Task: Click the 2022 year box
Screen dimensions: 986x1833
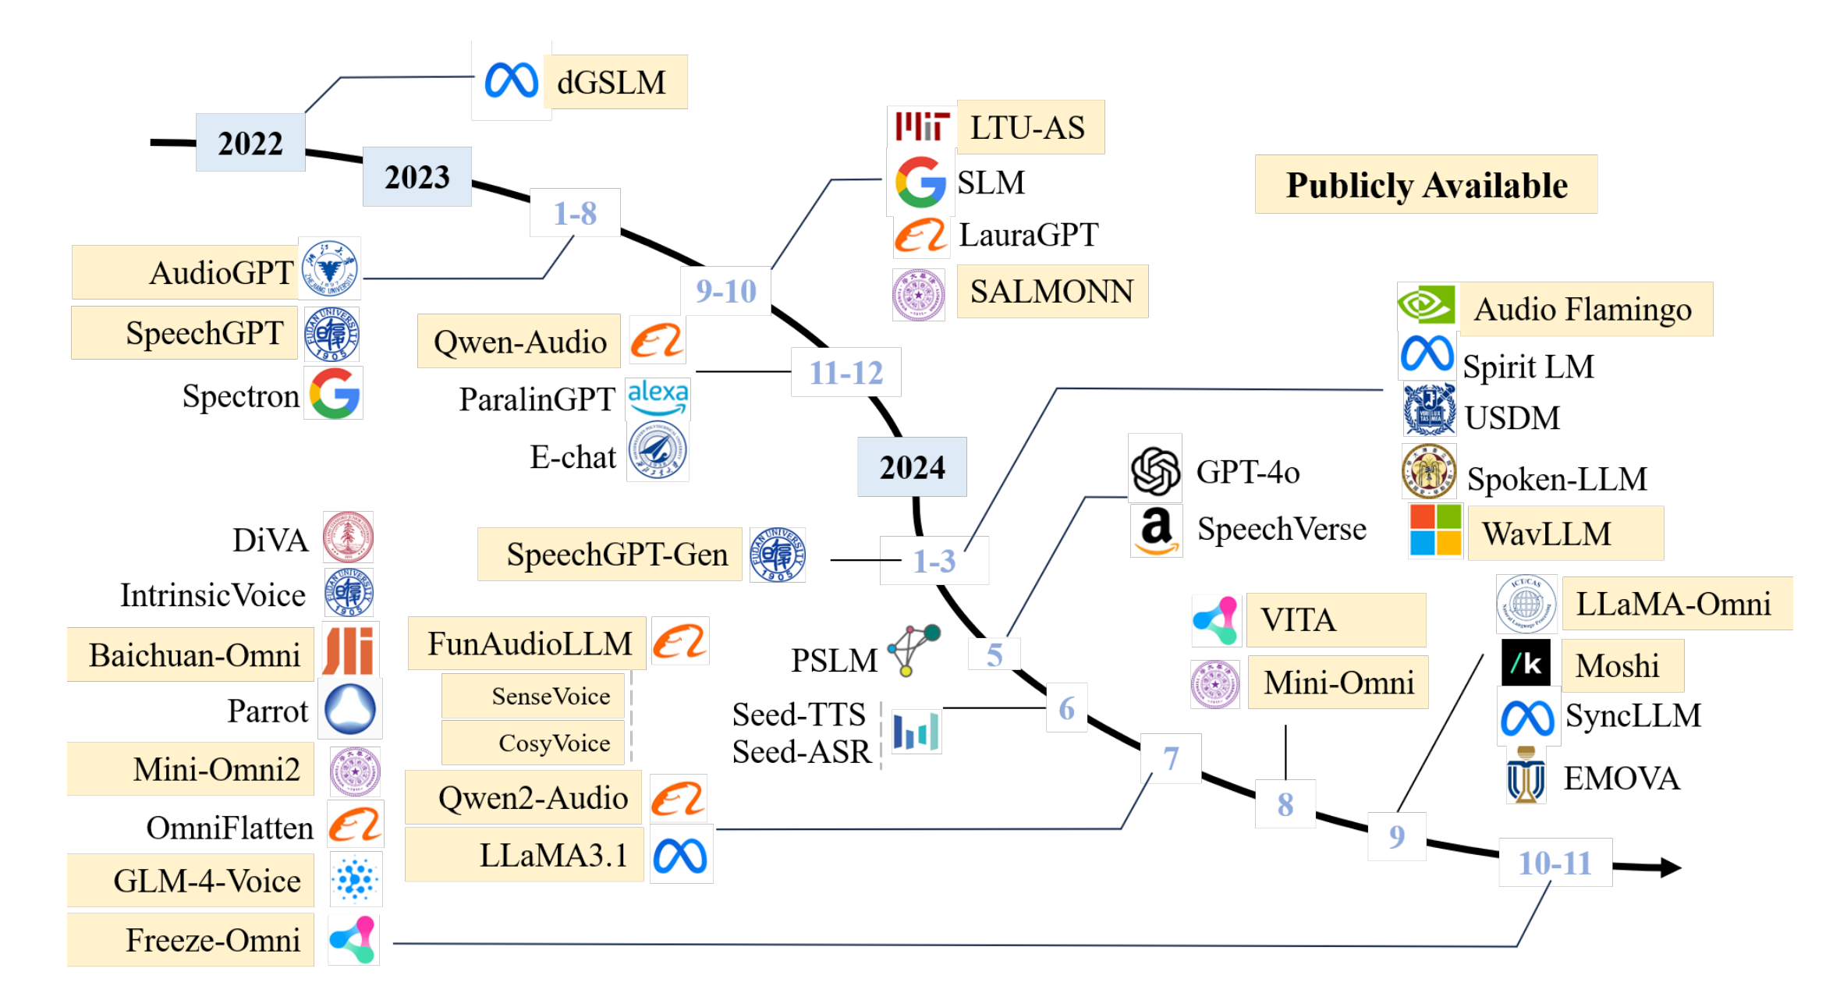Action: (x=250, y=143)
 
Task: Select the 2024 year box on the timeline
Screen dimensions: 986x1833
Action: (x=912, y=467)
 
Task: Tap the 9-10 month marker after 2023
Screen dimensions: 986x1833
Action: (x=725, y=291)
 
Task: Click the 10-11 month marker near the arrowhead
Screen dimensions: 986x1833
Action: (x=1555, y=863)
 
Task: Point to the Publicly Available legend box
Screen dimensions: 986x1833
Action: (x=1426, y=185)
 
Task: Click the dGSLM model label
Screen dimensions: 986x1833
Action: (x=612, y=82)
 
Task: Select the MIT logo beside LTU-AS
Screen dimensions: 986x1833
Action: (x=921, y=126)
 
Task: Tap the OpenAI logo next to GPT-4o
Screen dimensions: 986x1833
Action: (x=1155, y=471)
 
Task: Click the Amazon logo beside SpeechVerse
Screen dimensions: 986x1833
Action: (x=1156, y=530)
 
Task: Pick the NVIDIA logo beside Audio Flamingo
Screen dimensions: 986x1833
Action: (x=1426, y=305)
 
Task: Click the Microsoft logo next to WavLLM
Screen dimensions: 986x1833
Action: (x=1435, y=530)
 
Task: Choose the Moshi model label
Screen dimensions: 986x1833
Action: (x=1617, y=665)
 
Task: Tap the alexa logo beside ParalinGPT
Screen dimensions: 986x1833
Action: (x=658, y=397)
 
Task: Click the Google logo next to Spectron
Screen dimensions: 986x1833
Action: (x=334, y=394)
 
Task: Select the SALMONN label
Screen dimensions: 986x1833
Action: (x=1051, y=292)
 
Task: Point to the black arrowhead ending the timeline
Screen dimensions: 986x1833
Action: (x=1669, y=867)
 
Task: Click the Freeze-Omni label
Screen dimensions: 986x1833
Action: (x=212, y=940)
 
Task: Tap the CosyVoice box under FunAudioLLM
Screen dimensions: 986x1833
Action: (x=554, y=743)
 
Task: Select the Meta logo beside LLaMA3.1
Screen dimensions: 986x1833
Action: (x=680, y=856)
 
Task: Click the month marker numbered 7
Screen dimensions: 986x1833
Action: (x=1170, y=757)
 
